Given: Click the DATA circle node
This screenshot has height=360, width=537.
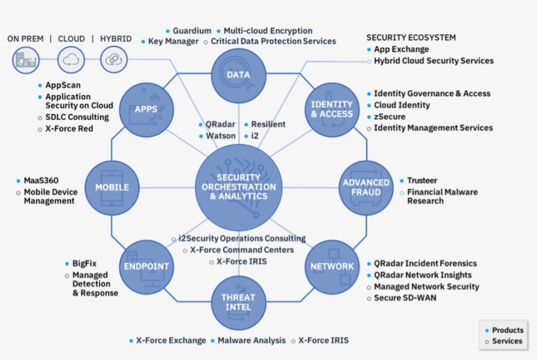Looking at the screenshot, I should (x=238, y=74).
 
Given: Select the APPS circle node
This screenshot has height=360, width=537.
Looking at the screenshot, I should (x=145, y=109).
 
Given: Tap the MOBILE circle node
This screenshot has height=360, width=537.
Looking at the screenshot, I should (x=113, y=187).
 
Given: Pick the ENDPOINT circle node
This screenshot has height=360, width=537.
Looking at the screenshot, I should (x=147, y=266).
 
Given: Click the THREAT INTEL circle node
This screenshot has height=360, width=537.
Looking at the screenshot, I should (x=238, y=302).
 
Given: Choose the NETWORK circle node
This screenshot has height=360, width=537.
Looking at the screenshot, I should (x=331, y=266).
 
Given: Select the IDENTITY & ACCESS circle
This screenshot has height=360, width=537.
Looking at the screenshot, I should (x=331, y=109).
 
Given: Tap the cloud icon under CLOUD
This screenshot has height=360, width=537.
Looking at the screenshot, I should (x=71, y=61).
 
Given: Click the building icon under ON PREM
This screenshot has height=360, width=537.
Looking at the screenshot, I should (x=25, y=61).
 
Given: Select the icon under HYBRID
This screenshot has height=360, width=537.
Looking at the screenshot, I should (x=115, y=61).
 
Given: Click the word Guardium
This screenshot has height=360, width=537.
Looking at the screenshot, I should (x=192, y=31).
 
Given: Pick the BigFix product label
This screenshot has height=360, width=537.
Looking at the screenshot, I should (x=84, y=263).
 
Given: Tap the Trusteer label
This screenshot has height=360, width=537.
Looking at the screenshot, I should (x=422, y=181).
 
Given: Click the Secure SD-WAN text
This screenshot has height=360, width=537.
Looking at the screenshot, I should (x=405, y=298).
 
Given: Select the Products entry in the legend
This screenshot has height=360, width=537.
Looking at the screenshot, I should (x=507, y=330).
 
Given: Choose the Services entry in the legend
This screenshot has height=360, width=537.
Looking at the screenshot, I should (x=507, y=341).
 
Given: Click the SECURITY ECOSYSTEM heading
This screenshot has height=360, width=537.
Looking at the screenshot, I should (x=411, y=37).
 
